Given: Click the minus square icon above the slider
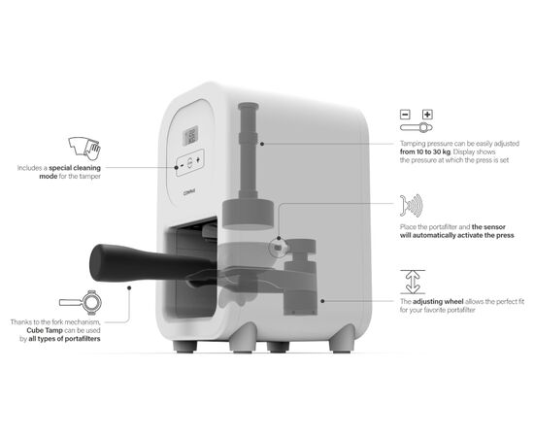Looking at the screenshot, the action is (405, 115).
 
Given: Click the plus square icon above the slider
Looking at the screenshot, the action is (427, 115).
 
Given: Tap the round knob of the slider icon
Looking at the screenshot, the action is (423, 128).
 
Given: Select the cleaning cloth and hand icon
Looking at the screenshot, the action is (84, 149).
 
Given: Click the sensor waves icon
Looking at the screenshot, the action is (412, 205).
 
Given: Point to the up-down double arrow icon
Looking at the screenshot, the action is (413, 282).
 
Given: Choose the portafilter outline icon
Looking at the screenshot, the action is (81, 302).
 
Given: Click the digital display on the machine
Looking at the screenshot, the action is (190, 136).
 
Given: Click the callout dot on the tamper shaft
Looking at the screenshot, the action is (262, 144).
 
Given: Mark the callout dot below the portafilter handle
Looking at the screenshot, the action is (129, 287).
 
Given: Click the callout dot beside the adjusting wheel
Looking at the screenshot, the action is (322, 301).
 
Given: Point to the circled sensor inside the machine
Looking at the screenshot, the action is (279, 247).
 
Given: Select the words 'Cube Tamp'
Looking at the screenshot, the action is (45, 330).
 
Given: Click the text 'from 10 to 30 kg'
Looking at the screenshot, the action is (425, 151).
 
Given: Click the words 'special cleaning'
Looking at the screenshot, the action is (75, 168).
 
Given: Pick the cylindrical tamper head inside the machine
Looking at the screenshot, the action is (248, 214).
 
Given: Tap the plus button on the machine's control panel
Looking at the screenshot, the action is (198, 159).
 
